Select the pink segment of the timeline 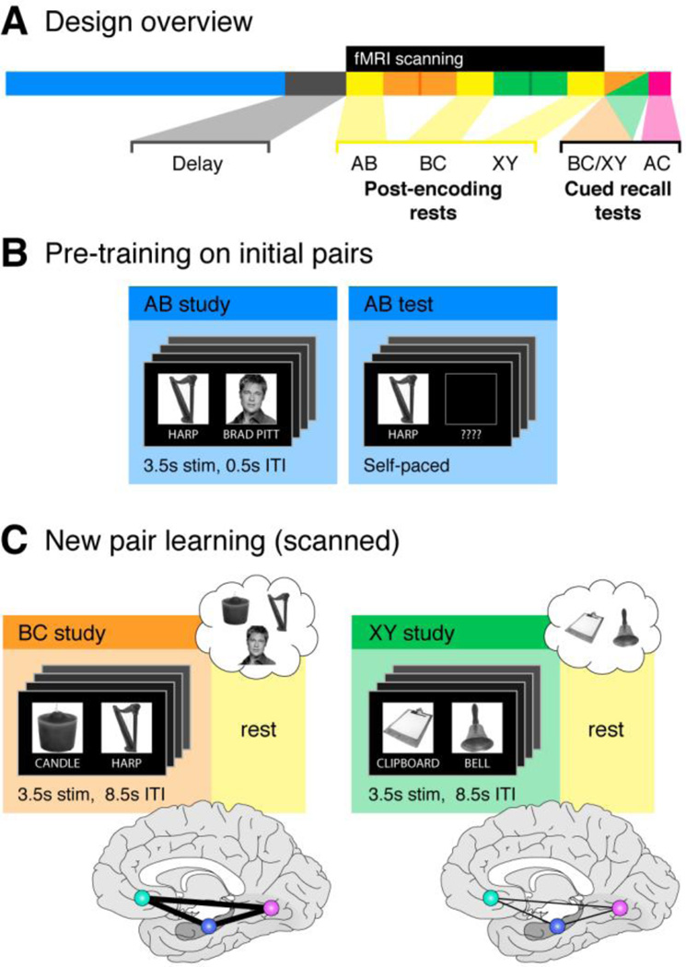point(658,84)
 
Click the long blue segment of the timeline point(145,84)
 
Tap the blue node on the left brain point(210,926)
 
